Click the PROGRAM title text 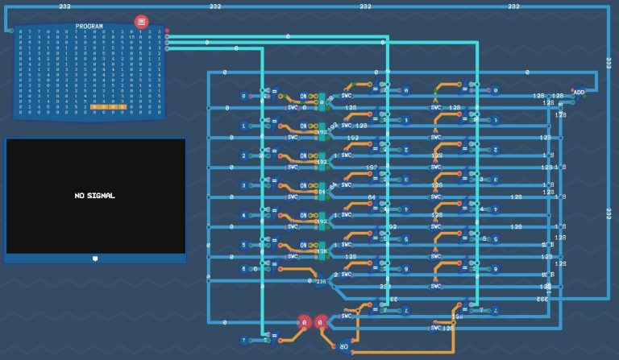89,27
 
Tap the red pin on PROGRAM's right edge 167,31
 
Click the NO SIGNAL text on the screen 95,196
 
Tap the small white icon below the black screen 95,259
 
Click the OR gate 344,347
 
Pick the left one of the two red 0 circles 305,323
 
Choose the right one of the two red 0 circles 321,323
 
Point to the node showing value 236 321,281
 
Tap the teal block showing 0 322,102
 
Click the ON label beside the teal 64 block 304,185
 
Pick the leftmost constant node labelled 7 244,340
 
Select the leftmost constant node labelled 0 244,96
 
